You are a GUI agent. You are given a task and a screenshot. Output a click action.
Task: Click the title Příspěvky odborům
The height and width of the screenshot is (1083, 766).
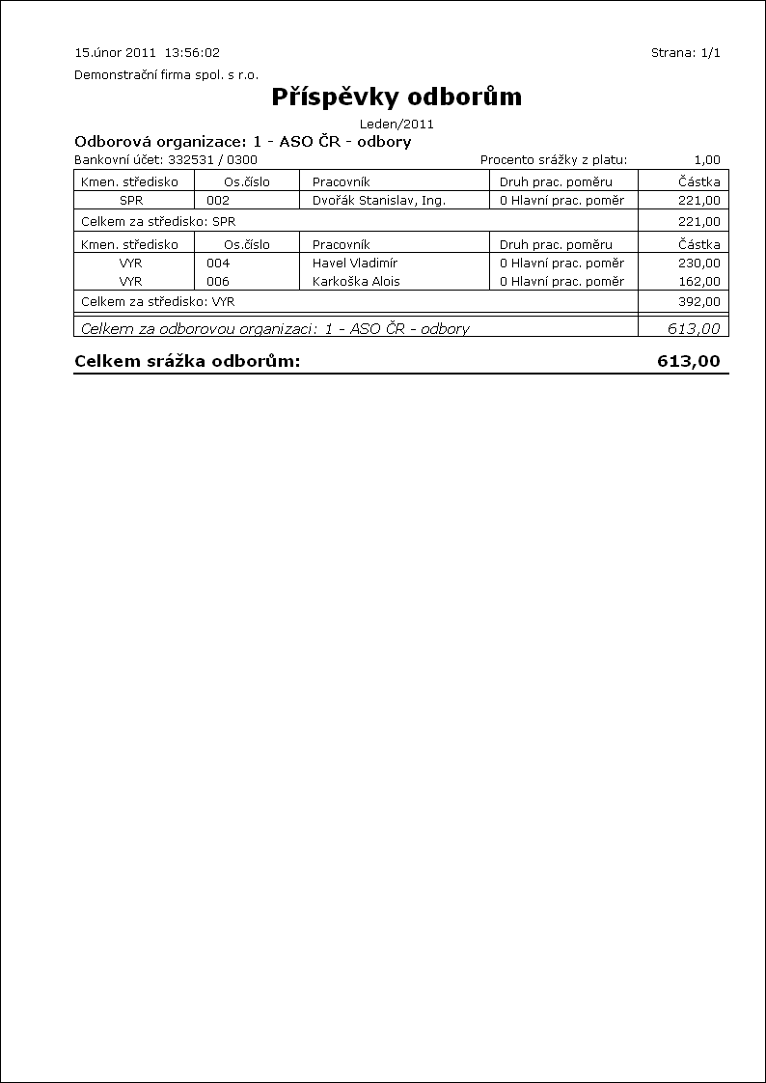point(397,97)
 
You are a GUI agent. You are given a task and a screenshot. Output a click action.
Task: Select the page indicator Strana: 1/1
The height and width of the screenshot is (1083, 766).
point(686,53)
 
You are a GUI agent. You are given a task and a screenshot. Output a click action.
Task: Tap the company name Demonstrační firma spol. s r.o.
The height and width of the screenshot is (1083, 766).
point(166,75)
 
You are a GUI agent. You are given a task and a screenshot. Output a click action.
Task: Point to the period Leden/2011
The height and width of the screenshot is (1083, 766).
point(397,124)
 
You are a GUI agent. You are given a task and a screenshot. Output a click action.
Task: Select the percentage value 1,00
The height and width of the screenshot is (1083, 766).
point(706,160)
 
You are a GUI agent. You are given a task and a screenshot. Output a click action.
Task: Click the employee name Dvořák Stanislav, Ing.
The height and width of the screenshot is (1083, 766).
point(378,201)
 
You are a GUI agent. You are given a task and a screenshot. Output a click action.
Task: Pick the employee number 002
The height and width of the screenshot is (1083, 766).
point(218,201)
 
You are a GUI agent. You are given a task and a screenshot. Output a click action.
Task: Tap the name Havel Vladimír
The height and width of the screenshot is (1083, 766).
point(355,263)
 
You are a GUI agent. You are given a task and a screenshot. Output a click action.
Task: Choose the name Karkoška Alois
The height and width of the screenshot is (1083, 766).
point(356,282)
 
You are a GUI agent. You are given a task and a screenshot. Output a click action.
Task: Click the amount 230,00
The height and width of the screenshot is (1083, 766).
point(699,263)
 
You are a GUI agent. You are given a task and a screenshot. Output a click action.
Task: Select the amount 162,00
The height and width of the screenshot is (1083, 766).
point(699,282)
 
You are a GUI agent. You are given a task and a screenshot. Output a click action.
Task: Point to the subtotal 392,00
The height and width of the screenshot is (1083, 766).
point(699,301)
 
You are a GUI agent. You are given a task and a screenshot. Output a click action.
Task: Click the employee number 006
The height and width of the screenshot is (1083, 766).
point(218,282)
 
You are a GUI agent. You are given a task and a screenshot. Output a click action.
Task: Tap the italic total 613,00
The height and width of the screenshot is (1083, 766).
point(694,328)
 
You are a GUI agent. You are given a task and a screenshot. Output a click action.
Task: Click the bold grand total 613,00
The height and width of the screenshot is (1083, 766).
point(689,362)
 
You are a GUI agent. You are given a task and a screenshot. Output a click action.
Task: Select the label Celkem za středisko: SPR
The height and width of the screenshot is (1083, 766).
point(158,221)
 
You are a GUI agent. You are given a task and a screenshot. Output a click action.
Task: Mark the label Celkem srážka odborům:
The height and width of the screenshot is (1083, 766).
point(187,362)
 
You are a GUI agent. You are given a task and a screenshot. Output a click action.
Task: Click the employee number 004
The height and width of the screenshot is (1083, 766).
point(218,263)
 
